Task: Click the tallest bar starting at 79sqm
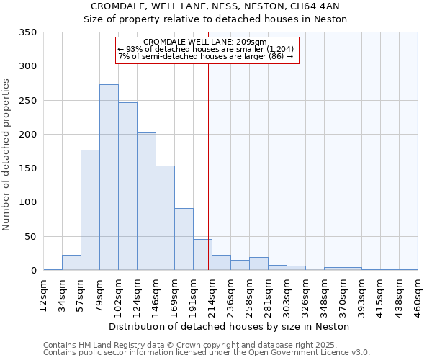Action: (x=109, y=177)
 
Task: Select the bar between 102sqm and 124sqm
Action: (x=127, y=186)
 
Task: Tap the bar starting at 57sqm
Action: (x=90, y=210)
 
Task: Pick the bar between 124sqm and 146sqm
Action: (x=146, y=202)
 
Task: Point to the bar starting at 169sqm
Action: (x=184, y=239)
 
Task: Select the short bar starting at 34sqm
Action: (x=71, y=263)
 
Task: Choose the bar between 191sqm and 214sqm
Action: (x=202, y=255)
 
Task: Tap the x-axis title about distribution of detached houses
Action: (x=230, y=326)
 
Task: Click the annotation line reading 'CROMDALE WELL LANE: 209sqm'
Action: (x=206, y=42)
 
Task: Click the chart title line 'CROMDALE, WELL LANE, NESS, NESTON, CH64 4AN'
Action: (x=215, y=6)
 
